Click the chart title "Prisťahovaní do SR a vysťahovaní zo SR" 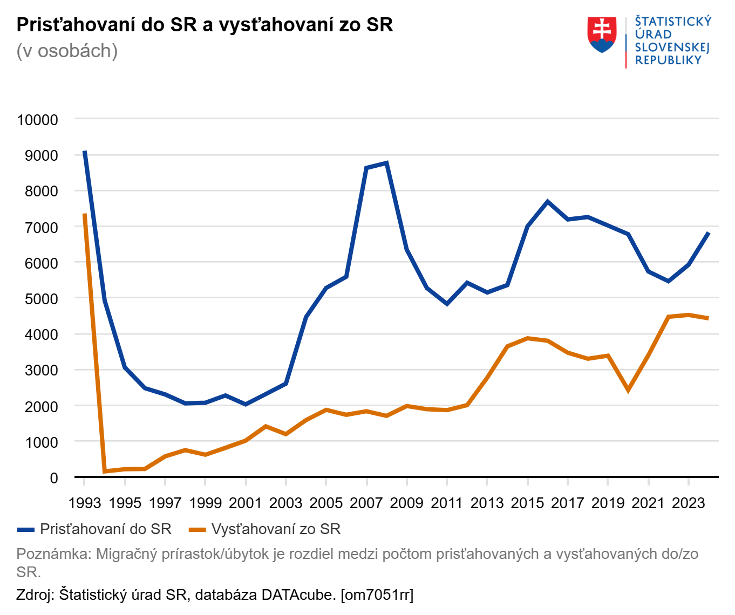click(x=205, y=25)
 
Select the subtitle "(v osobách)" click(x=67, y=51)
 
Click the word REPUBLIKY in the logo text click(x=668, y=60)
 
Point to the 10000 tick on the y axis click(x=38, y=120)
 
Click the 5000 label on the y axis click(x=42, y=298)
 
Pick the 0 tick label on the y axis click(x=53, y=478)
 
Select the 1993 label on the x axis click(x=85, y=503)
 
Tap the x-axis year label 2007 click(x=366, y=503)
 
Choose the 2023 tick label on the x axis click(x=688, y=503)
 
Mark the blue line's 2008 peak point click(x=386, y=163)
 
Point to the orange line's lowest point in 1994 click(x=105, y=471)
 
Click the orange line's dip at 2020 click(x=628, y=389)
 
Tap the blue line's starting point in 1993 click(x=85, y=152)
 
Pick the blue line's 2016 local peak click(x=547, y=202)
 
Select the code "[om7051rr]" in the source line click(x=377, y=595)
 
